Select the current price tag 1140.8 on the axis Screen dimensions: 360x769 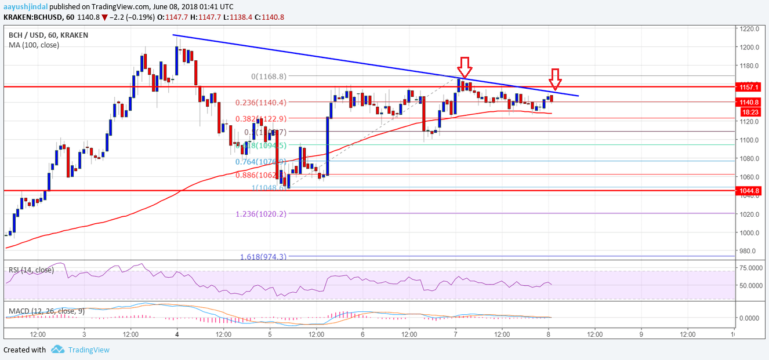click(746, 102)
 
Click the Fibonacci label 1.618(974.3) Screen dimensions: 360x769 click(259, 256)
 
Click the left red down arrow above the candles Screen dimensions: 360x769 click(464, 66)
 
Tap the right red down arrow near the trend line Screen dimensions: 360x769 click(555, 79)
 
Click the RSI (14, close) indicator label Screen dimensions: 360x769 click(31, 270)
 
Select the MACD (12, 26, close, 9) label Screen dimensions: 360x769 click(46, 311)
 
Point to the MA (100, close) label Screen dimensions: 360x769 click(34, 45)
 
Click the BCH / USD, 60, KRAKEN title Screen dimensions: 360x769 click(48, 35)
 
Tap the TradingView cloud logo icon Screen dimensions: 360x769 click(57, 350)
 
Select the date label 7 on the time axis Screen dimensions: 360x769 click(456, 334)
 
